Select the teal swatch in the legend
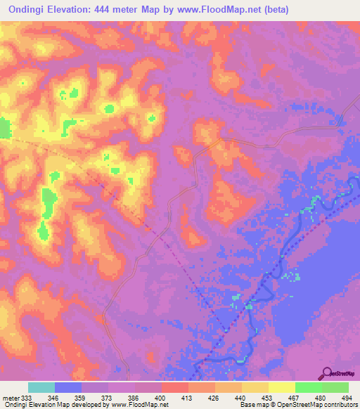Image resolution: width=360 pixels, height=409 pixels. tap(41, 388)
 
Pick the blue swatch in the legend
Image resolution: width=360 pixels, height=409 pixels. tap(68, 388)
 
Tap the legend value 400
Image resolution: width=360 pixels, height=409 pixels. tap(162, 398)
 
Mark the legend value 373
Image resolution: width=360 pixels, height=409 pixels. tap(108, 398)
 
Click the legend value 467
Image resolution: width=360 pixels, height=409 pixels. tap(295, 398)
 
